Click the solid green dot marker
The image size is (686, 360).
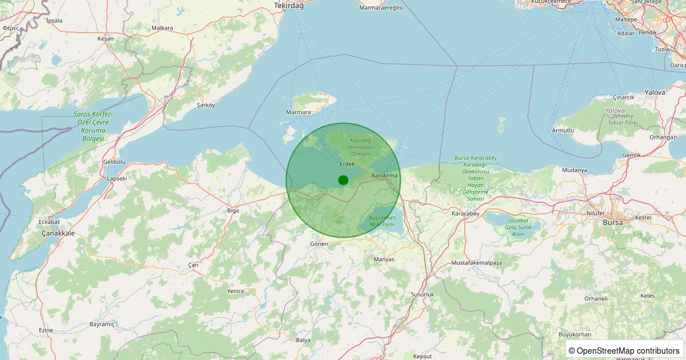pos(343,180)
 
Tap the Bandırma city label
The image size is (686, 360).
pos(384,175)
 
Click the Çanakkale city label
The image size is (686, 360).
pos(58,234)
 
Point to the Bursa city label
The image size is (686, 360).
pos(612,222)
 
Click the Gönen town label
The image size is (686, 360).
pos(319,244)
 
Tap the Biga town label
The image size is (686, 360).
pos(233,211)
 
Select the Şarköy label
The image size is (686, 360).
pos(206,105)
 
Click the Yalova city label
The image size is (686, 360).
pos(655,92)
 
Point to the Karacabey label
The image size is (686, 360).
pos(464,214)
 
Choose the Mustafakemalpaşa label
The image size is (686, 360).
pos(476,263)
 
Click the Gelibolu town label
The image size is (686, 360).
pos(114,162)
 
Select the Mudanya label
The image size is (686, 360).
pos(575,170)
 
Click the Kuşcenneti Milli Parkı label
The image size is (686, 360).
pos(382,222)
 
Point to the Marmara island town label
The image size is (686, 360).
pos(298,113)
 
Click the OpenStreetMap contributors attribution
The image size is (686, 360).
pos(624,350)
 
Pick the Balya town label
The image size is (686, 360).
pos(303,340)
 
